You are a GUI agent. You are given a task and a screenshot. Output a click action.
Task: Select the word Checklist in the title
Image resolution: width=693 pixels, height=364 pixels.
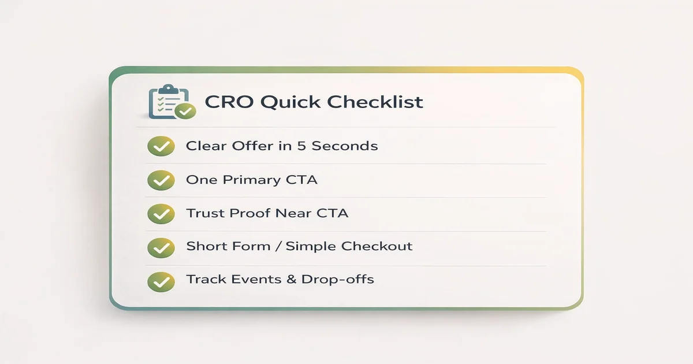click(x=375, y=102)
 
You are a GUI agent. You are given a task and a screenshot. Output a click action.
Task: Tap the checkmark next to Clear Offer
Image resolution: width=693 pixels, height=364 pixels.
click(x=161, y=147)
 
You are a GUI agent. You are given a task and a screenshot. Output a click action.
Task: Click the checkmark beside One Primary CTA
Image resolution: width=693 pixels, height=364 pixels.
click(x=161, y=180)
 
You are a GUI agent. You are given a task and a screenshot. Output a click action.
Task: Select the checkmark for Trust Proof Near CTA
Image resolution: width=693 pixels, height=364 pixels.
click(x=161, y=214)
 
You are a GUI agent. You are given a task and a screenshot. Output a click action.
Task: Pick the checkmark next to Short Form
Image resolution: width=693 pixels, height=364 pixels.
click(x=161, y=247)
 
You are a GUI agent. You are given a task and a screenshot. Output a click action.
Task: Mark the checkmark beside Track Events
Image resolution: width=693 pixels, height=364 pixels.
click(x=161, y=281)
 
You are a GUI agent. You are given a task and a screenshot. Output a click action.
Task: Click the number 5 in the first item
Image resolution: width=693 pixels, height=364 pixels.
click(x=301, y=146)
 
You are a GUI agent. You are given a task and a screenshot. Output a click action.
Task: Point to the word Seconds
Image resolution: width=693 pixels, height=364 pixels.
click(x=345, y=146)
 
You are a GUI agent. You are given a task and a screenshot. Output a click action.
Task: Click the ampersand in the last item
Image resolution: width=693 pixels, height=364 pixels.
click(x=292, y=280)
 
